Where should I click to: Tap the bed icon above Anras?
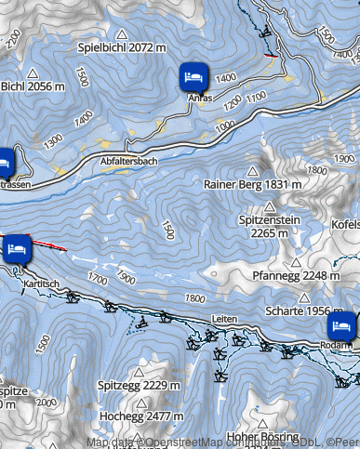pyautogui.click(x=193, y=75)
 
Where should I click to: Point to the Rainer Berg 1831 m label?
pyautogui.click(x=253, y=184)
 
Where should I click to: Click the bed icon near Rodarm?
pyautogui.click(x=341, y=326)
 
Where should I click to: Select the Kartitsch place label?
pyautogui.click(x=43, y=282)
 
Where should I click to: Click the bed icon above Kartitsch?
pyautogui.click(x=17, y=248)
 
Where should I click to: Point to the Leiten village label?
pyautogui.click(x=224, y=319)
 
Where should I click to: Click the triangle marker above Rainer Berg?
pyautogui.click(x=251, y=171)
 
